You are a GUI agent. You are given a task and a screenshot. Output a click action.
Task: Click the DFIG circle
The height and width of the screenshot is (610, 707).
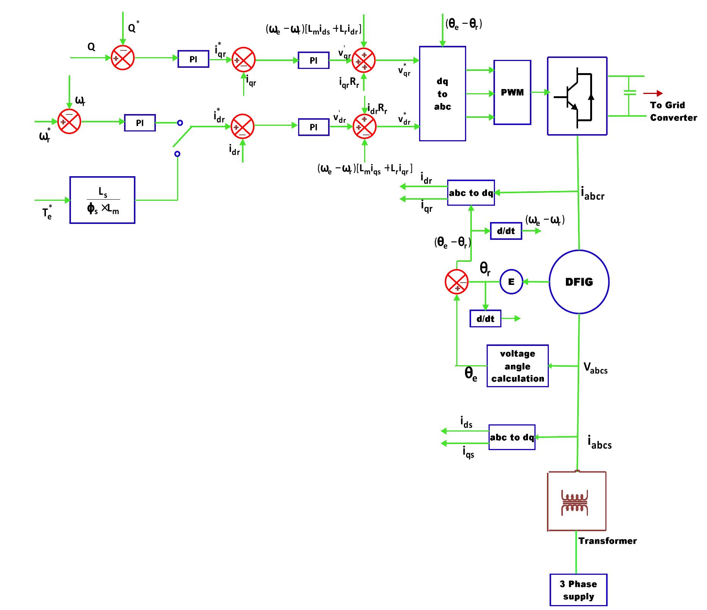click(579, 282)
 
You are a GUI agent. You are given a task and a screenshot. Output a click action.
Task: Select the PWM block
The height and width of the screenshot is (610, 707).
click(512, 92)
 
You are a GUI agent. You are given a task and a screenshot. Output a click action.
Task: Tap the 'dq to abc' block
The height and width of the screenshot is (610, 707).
click(442, 94)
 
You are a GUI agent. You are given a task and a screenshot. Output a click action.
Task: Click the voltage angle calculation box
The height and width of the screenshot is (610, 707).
click(517, 366)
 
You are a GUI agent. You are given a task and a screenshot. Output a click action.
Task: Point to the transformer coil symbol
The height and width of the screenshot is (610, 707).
click(574, 504)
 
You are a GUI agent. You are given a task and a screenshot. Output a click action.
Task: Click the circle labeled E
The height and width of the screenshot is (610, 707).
click(511, 282)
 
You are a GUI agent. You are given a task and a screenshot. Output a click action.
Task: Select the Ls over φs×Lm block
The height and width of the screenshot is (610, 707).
click(102, 200)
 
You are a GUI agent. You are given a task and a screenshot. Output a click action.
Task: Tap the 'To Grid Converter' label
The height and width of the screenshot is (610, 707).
click(673, 111)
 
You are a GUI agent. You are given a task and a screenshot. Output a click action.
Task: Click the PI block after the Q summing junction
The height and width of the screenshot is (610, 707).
click(193, 59)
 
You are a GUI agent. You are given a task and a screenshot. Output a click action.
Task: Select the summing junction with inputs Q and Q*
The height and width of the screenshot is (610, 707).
click(123, 58)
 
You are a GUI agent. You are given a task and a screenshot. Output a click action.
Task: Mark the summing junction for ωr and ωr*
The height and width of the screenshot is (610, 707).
click(69, 122)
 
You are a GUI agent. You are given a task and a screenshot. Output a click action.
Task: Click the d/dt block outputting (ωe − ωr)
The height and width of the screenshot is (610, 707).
click(506, 231)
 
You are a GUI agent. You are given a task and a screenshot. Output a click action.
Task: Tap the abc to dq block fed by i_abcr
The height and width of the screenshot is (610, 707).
click(471, 193)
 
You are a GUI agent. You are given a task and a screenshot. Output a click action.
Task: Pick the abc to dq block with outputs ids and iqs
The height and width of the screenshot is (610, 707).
click(512, 437)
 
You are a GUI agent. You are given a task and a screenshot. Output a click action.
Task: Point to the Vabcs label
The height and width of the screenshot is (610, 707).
click(595, 368)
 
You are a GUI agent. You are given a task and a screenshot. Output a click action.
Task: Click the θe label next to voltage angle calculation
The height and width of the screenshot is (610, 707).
click(471, 374)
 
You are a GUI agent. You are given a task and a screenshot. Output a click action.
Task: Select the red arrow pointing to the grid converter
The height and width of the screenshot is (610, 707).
click(653, 93)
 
